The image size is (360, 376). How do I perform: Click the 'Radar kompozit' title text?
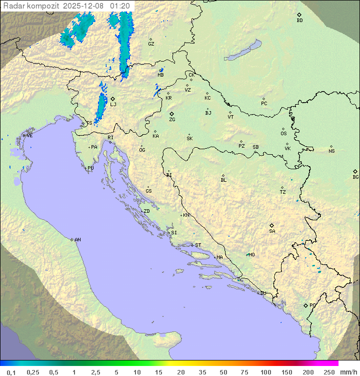pyautogui.click(x=31, y=6)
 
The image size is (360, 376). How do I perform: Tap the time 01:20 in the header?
pyautogui.click(x=120, y=6)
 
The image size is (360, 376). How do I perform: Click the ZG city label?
pyautogui.click(x=172, y=120)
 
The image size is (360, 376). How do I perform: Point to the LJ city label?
pyautogui.click(x=113, y=104)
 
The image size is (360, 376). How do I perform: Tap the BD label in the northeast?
pyautogui.click(x=299, y=21)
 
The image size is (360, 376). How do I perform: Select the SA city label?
pyautogui.click(x=272, y=231)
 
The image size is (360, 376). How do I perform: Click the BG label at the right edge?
pyautogui.click(x=355, y=177)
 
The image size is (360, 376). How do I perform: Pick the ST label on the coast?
pyautogui.click(x=198, y=245)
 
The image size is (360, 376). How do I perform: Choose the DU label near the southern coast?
pyautogui.click(x=262, y=293)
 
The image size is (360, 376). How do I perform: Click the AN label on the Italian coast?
pyautogui.click(x=77, y=240)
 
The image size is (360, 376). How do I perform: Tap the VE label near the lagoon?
pyautogui.click(x=29, y=136)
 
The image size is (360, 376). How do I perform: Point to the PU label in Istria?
pyautogui.click(x=90, y=168)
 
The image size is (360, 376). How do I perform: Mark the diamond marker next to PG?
pyautogui.click(x=305, y=305)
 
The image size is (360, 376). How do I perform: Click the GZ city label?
pyautogui.click(x=151, y=44)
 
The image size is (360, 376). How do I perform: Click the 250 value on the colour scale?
pyautogui.click(x=329, y=372)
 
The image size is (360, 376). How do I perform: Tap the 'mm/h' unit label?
pyautogui.click(x=348, y=372)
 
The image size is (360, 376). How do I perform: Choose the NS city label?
pyautogui.click(x=331, y=151)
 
